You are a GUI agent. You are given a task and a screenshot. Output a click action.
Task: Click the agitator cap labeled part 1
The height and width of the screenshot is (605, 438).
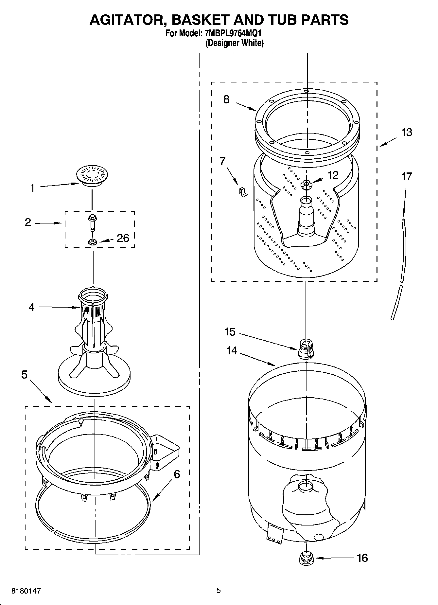(x=93, y=175)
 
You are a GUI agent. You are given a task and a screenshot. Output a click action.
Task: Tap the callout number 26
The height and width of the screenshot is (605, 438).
(x=123, y=238)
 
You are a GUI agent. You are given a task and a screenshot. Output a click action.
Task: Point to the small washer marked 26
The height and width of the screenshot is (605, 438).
(x=93, y=242)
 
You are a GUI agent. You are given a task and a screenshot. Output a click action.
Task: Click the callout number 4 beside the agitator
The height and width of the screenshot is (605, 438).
(x=31, y=308)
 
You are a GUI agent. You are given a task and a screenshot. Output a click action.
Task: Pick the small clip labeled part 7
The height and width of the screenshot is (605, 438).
(x=242, y=192)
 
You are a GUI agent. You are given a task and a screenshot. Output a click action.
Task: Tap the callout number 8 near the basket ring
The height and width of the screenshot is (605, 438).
(x=226, y=99)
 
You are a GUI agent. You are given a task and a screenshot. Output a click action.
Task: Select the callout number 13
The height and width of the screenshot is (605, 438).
(x=407, y=133)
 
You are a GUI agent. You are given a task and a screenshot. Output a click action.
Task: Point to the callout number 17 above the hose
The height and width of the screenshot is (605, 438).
(x=407, y=177)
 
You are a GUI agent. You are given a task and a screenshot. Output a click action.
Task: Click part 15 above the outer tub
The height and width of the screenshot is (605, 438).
(x=306, y=349)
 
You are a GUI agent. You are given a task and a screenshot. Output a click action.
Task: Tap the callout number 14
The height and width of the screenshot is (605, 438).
(x=232, y=351)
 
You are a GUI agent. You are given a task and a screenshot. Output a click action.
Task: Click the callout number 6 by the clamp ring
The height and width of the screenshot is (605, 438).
(x=177, y=474)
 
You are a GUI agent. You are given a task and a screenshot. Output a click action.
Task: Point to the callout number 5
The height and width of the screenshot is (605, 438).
(x=25, y=375)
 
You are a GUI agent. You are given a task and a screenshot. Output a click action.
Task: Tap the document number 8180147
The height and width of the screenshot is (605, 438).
(x=26, y=591)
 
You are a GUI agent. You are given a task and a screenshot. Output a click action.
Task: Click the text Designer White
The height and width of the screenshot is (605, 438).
(x=235, y=43)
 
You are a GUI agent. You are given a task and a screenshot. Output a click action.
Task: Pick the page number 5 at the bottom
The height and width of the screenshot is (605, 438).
(x=219, y=591)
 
